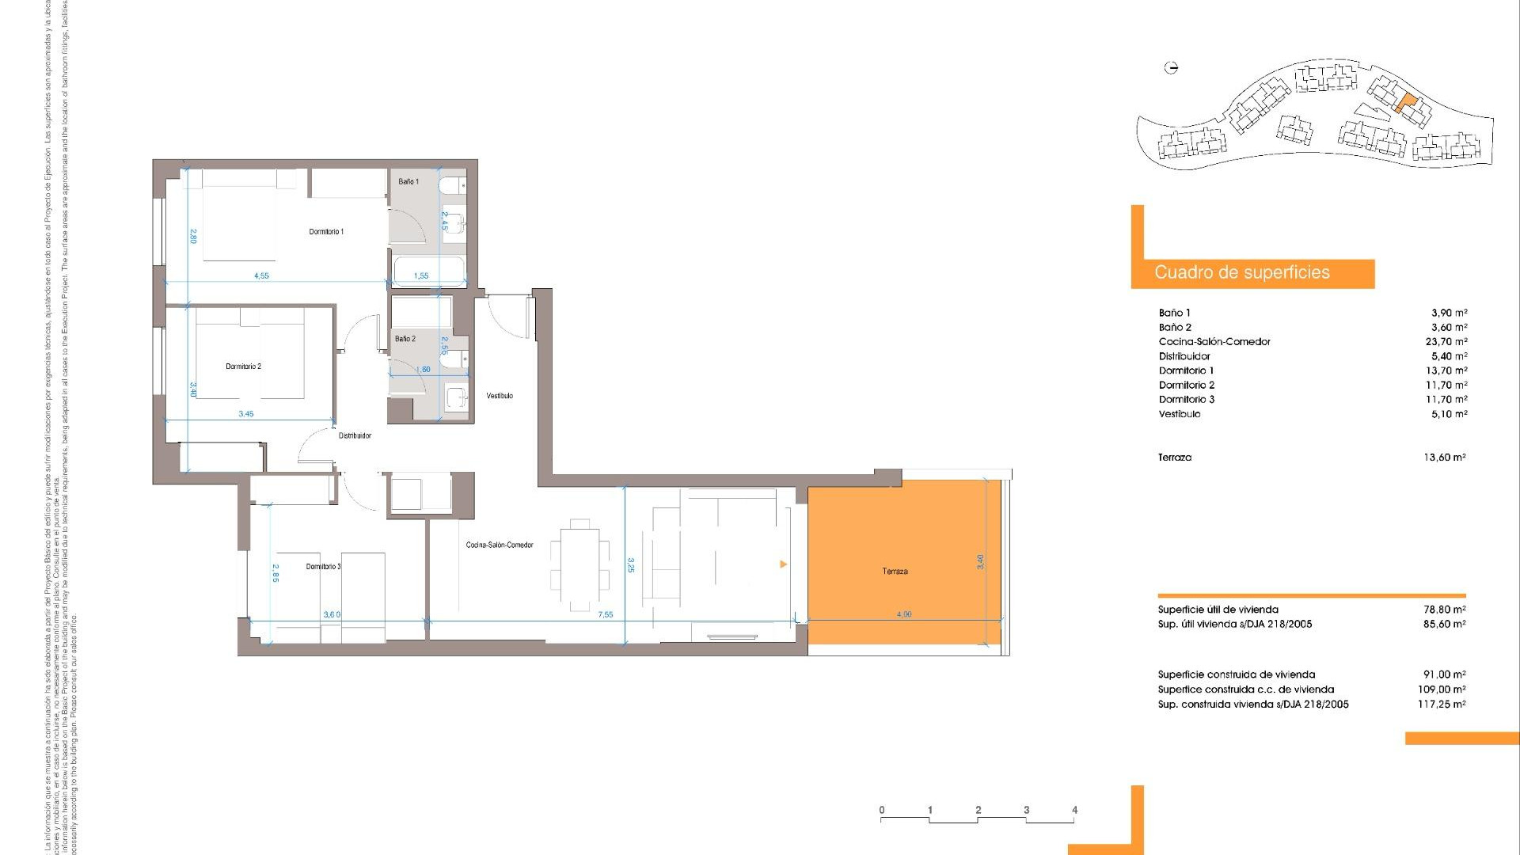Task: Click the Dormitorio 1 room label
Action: click(326, 232)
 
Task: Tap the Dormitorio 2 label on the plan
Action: click(243, 367)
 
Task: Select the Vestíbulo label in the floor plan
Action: click(500, 396)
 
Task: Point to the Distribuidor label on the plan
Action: click(355, 435)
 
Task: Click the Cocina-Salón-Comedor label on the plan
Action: click(500, 545)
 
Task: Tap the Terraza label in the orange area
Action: click(895, 572)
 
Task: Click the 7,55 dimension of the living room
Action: click(606, 614)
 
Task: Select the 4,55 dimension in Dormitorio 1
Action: click(261, 275)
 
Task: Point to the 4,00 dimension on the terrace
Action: click(904, 614)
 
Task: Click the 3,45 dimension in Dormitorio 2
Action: click(246, 414)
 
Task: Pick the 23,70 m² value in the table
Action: click(1446, 342)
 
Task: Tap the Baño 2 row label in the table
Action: click(1175, 328)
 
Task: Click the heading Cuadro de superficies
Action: click(1241, 273)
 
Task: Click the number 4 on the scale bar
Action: click(1074, 810)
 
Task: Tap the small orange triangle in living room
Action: click(783, 564)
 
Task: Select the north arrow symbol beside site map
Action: click(1172, 68)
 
